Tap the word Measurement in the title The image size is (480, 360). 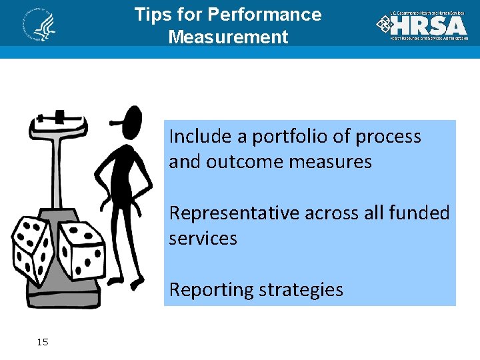click(x=228, y=37)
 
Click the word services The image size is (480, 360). click(x=203, y=238)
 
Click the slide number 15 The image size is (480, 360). click(x=43, y=342)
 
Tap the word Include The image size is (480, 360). click(x=197, y=137)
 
